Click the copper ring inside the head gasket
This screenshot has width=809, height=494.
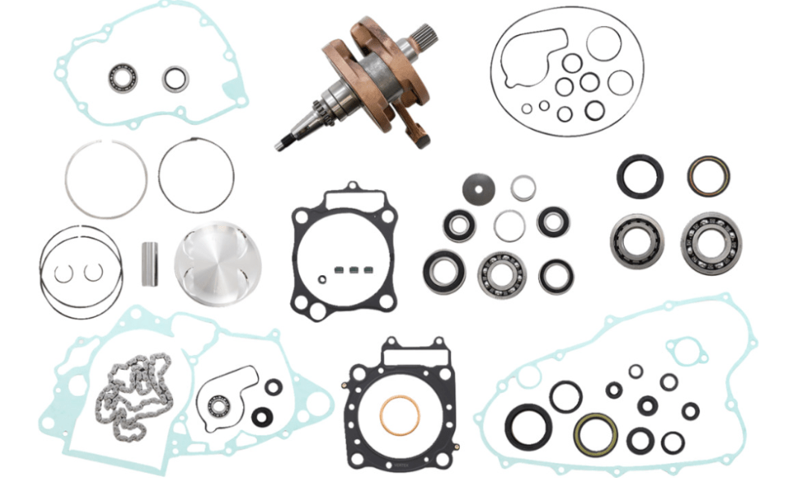click(x=400, y=414)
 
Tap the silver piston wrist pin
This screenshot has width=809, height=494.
click(x=150, y=264)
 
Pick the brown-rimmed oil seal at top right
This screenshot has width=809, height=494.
click(x=707, y=176)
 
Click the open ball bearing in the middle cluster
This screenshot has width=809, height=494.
click(x=502, y=274)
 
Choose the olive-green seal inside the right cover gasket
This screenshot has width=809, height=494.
click(x=595, y=434)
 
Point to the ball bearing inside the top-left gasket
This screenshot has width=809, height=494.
click(x=122, y=78)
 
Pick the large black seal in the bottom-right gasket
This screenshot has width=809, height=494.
click(x=523, y=426)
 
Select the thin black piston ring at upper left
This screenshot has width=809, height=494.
click(x=196, y=176)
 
